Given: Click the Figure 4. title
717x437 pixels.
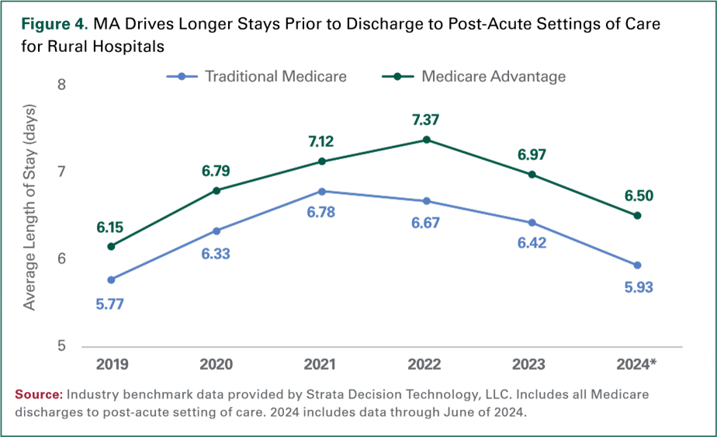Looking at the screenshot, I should tap(54, 24).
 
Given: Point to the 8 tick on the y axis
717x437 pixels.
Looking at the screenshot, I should tap(61, 84).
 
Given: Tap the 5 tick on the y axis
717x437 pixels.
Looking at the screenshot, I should tap(61, 346).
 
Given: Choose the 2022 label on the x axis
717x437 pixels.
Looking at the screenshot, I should tap(426, 364).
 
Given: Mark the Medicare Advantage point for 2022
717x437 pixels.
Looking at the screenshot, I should tap(426, 139).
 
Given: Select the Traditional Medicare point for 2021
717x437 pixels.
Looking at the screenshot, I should tap(321, 191).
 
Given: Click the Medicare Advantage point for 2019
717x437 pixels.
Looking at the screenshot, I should tap(111, 246).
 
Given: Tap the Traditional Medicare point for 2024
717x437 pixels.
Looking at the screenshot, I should tap(637, 265).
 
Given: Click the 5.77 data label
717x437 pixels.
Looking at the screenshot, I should tap(109, 304).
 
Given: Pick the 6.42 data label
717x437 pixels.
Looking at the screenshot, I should tap(532, 244).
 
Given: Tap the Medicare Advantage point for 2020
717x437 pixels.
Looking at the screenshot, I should tap(216, 190).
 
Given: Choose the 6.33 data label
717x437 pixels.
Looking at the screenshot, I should tap(217, 254).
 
